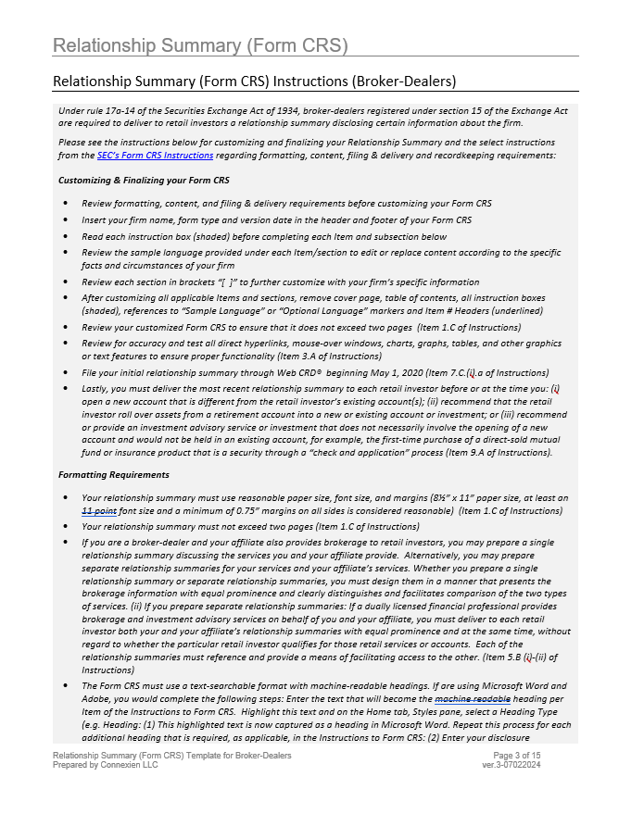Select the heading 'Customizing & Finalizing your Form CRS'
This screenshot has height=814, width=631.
point(144,180)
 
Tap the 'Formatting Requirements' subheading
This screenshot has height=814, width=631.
point(114,474)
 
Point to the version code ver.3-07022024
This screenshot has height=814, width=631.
point(537,766)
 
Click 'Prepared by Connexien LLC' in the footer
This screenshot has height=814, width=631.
point(106,766)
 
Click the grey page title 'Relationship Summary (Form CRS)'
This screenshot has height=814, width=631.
point(200,45)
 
